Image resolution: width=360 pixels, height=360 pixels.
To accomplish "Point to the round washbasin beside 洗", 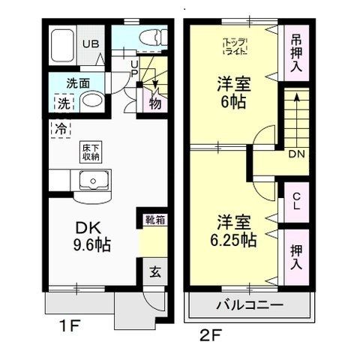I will click(x=91, y=101).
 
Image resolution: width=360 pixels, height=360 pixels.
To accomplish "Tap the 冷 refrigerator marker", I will click(x=59, y=128).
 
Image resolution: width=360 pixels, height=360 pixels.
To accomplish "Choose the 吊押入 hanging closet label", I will click(x=295, y=52).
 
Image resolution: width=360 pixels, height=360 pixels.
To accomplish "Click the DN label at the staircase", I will click(x=297, y=154).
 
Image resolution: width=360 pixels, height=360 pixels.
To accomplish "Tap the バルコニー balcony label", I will click(x=249, y=306).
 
